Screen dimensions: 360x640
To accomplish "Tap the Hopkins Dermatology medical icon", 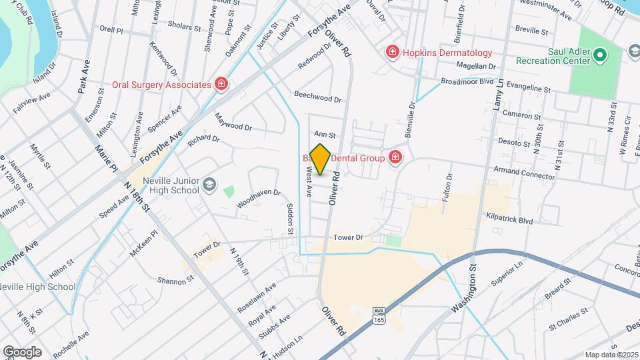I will point(392,52).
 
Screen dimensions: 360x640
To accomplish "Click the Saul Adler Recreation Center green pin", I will point(599,55).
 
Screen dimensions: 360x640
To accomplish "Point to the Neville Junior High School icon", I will point(210,184).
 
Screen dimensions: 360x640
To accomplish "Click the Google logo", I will point(21,351).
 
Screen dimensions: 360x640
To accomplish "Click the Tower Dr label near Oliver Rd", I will point(347,237).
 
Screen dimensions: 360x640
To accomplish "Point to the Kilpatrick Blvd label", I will point(509,219).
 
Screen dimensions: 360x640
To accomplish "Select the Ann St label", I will point(323,135).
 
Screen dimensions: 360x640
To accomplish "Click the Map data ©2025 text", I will point(610,354).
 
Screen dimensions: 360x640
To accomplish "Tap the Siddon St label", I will point(290,219).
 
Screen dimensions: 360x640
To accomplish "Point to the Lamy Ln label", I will point(497,94).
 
